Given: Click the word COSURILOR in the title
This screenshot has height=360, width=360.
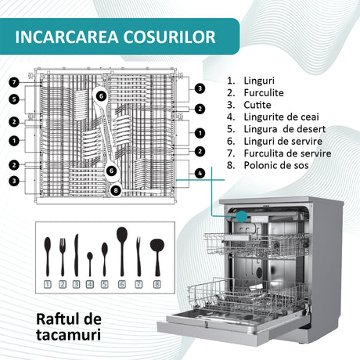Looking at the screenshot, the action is tap(169, 37).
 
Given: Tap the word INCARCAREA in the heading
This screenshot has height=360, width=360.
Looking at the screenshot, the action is tap(67, 37).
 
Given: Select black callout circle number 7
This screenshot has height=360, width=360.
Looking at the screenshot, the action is tap(14, 83).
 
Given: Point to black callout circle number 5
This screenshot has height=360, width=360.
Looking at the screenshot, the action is tap(14, 99).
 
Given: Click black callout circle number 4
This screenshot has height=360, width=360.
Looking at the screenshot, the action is tap(200, 173).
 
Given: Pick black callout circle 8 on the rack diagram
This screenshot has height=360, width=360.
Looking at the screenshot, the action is tap(116, 190).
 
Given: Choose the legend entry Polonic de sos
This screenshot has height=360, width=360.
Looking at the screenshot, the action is tap(276, 165).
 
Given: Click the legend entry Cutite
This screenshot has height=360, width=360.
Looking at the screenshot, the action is tap(257, 105).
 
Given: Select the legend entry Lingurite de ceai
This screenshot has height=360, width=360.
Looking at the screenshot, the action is tap(281, 117).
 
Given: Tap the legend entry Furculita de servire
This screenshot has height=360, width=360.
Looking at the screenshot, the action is tap(287, 153).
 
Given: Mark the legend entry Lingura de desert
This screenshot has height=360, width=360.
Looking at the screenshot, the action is tap(284, 129).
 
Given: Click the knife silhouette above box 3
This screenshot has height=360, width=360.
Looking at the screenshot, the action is tap(76, 255).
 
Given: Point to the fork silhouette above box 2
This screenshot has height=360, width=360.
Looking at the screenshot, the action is tap(63, 257).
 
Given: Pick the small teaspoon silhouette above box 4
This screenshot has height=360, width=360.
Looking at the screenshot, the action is tap(90, 264).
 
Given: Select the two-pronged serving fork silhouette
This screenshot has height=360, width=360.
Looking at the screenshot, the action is tap(139, 256).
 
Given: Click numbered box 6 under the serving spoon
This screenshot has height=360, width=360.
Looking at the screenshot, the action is tap(122, 284).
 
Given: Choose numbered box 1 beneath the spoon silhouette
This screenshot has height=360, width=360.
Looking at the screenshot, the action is tap(47, 284).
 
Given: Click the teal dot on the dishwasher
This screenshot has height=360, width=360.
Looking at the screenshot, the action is tap(242, 217).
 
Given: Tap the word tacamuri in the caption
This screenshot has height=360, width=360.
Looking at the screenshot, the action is tap(68, 335).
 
